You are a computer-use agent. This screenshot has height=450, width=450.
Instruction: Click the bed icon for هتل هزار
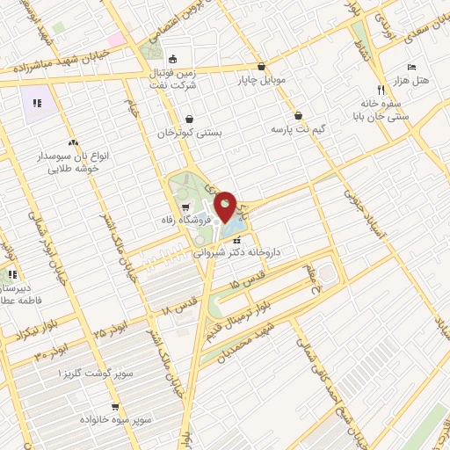[x=412, y=67]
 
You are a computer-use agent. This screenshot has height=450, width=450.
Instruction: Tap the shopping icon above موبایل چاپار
[x=261, y=66]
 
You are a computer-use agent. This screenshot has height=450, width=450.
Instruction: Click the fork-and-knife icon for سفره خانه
[x=380, y=90]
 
